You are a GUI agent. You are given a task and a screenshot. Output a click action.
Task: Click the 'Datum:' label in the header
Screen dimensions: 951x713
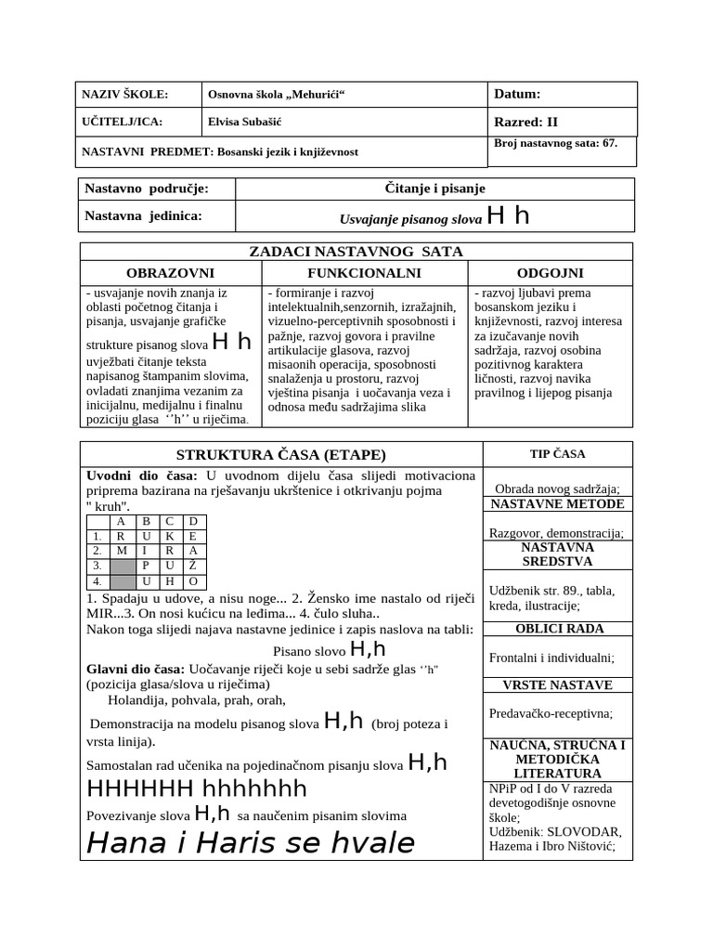[x=517, y=94]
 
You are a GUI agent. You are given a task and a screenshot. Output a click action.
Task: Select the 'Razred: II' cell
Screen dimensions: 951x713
[x=525, y=123]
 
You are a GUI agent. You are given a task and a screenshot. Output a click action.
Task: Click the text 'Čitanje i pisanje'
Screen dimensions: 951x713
[x=434, y=189]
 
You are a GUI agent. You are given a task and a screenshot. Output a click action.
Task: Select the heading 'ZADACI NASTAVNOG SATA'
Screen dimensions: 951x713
[x=356, y=252]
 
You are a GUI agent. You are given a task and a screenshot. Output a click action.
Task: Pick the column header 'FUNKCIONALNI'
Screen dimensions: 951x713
[x=364, y=272]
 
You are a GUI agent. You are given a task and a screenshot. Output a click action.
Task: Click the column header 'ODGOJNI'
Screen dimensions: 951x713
[x=551, y=272]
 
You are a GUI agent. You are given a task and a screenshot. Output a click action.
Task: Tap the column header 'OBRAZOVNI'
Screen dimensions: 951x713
[x=170, y=272]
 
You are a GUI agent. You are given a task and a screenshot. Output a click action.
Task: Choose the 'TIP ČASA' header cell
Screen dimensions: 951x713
[x=557, y=453]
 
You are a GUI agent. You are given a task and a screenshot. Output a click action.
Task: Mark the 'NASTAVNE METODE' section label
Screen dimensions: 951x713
[x=557, y=504]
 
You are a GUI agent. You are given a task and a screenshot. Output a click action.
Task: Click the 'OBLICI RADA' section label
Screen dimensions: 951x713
[x=558, y=629]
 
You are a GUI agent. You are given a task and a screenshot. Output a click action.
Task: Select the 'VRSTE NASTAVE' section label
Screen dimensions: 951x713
[x=558, y=685]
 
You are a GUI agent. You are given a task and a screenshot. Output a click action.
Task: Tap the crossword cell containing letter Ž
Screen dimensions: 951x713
[x=192, y=566]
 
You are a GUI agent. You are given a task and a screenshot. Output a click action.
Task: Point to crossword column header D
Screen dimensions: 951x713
[x=192, y=521]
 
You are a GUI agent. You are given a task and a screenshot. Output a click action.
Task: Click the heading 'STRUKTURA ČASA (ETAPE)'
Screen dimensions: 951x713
[x=280, y=454]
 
